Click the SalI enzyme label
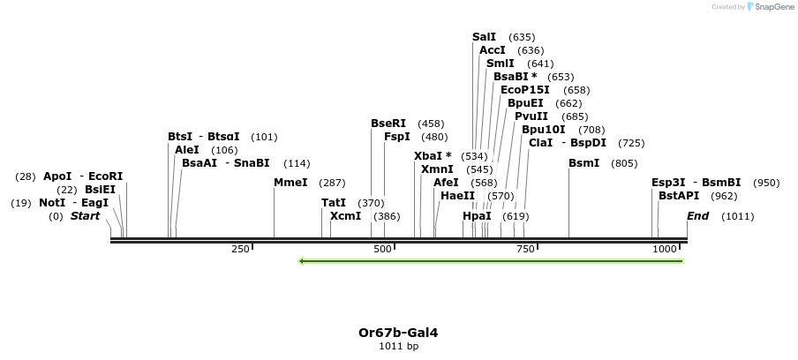tap(484, 37)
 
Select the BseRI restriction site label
tap(388, 124)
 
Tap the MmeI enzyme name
tap(290, 183)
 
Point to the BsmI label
tap(583, 163)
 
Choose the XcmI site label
tap(345, 216)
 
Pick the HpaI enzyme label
tap(477, 216)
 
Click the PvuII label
tap(531, 116)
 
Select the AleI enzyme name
tap(187, 150)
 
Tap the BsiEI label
tap(100, 190)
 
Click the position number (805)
tap(624, 163)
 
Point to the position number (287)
tap(332, 183)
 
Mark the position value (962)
tap(724, 196)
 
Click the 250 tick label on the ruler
tap(240, 250)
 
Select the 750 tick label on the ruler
tap(525, 250)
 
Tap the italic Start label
tap(85, 216)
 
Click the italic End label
tap(697, 216)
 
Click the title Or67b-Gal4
tap(398, 333)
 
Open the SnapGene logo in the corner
tap(771, 7)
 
